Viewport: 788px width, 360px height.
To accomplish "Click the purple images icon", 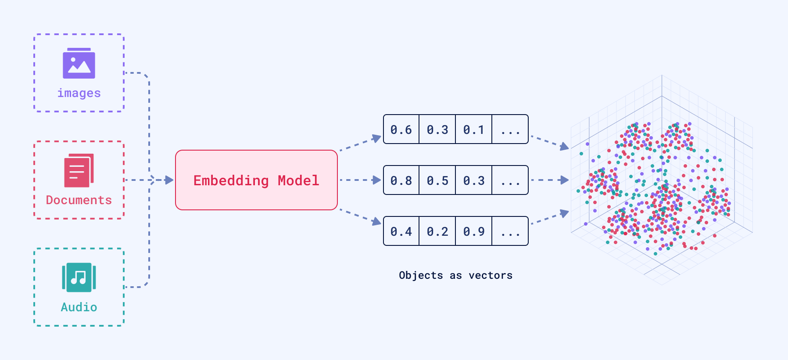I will pos(79,64).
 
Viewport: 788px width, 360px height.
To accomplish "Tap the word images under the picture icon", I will pos(79,93).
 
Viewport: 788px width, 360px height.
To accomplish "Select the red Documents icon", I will pos(79,170).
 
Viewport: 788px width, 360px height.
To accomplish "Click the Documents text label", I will pos(79,200).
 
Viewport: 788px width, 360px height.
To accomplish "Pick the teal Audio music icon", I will pos(79,277).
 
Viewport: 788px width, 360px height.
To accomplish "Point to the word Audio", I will pos(79,307).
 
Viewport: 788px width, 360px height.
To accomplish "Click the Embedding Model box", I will pos(256,180).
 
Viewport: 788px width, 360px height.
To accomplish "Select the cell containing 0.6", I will pos(401,130).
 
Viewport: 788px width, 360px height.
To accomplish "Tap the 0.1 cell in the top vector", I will pos(474,130).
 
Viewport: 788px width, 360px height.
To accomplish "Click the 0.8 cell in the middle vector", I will pos(401,180).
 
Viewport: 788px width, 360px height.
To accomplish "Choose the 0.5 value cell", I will pos(437,180).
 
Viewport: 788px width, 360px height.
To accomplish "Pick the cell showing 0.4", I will pos(401,231).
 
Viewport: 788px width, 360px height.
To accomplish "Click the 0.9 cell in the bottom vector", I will pos(474,231).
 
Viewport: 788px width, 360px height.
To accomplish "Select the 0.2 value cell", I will pos(437,231).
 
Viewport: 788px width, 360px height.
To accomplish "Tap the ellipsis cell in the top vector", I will pos(510,130).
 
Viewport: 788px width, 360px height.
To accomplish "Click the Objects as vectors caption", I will pos(455,275).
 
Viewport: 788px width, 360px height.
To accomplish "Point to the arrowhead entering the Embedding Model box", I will pos(169,180).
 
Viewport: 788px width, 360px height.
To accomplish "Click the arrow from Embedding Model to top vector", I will pos(360,144).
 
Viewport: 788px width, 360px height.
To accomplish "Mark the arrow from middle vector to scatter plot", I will pos(550,180).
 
